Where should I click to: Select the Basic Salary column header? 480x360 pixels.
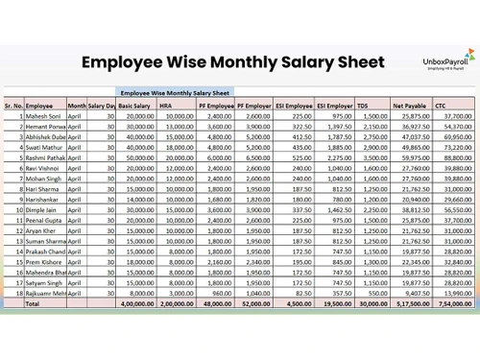click(134, 105)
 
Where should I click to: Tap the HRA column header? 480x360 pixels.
click(166, 105)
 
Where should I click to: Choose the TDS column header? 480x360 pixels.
click(363, 105)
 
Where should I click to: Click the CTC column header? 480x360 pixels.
click(442, 105)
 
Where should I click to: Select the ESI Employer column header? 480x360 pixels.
click(334, 105)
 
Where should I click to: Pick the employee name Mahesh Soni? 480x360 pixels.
click(43, 115)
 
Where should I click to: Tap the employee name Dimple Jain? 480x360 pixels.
click(41, 209)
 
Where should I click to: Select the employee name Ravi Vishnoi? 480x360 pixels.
click(44, 168)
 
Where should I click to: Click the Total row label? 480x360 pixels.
click(33, 302)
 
